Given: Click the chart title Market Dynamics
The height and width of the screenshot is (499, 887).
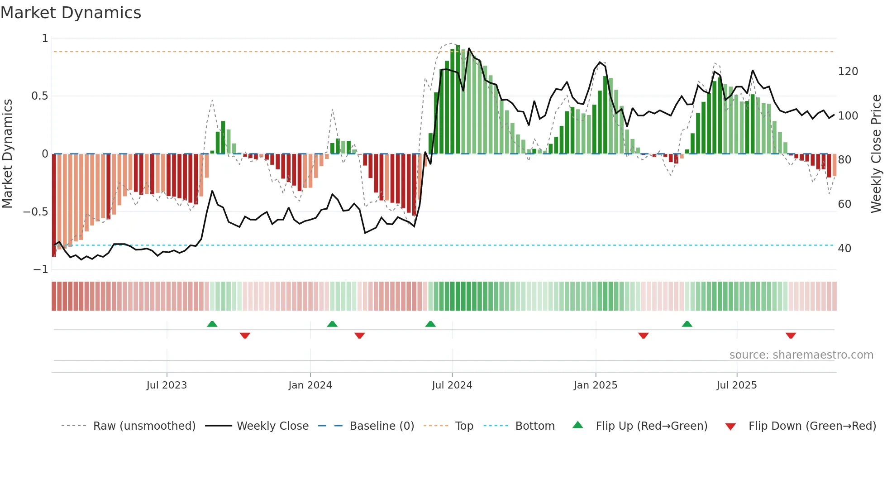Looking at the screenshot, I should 71,13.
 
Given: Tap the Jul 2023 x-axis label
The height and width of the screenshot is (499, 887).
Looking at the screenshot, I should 167,385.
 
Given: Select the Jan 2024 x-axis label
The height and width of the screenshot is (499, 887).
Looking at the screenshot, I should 310,385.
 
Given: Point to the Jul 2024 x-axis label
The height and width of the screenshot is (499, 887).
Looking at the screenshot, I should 452,385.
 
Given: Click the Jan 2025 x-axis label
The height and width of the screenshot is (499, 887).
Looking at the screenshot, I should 595,385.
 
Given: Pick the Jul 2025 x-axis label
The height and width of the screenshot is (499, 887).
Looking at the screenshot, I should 736,385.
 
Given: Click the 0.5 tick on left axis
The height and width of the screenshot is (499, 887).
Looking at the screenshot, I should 39,96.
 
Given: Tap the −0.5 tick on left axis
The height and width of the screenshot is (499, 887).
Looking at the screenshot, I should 35,212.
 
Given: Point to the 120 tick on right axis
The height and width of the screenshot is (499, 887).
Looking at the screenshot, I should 848,72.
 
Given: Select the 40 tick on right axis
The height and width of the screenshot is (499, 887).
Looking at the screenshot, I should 844,249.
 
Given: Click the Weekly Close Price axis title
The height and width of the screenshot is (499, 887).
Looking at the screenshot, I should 876,154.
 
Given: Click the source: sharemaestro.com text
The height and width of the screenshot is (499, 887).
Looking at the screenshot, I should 801,355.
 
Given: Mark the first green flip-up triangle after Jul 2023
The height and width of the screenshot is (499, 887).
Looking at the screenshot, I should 212,324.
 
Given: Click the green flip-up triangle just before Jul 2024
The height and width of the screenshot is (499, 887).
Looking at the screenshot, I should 430,324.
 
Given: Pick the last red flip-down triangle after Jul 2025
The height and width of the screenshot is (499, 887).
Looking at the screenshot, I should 791,336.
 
